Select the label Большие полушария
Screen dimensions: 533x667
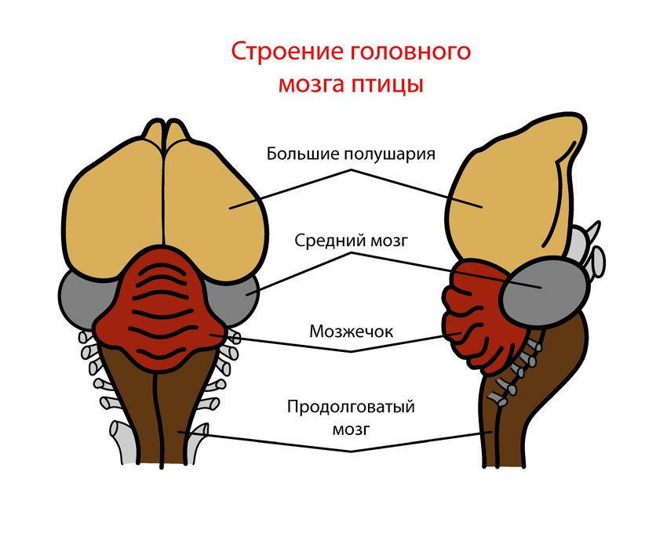click(x=350, y=153)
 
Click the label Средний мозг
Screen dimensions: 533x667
click(x=350, y=241)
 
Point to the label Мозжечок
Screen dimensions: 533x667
click(x=351, y=332)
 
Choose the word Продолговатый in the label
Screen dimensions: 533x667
click(x=350, y=408)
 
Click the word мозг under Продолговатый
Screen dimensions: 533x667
click(x=350, y=429)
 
